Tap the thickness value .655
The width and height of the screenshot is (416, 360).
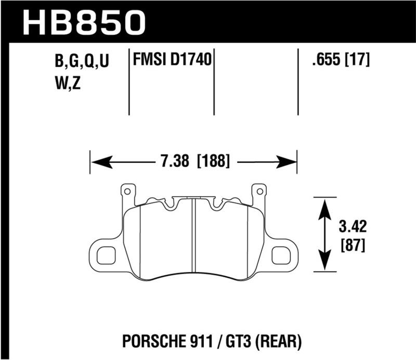(x=324, y=61)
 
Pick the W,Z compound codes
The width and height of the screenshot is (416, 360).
(x=68, y=83)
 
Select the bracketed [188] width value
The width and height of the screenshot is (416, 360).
(x=213, y=162)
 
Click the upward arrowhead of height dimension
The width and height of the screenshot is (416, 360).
(x=326, y=207)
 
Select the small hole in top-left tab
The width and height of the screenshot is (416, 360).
(x=126, y=191)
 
